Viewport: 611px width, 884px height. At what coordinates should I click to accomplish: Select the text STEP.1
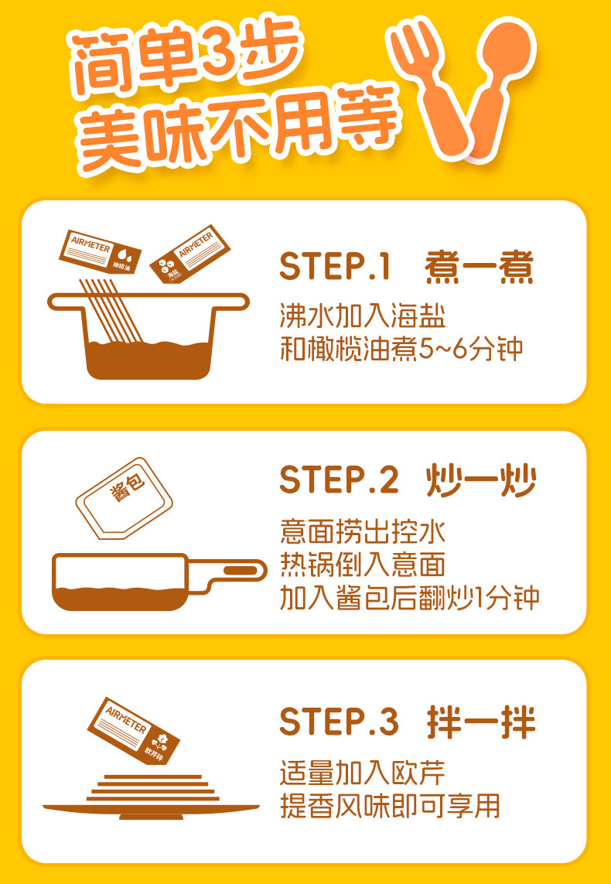pyautogui.click(x=335, y=268)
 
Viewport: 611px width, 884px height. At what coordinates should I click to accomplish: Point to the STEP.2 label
pyautogui.click(x=339, y=481)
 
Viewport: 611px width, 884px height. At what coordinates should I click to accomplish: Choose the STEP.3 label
pyautogui.click(x=339, y=722)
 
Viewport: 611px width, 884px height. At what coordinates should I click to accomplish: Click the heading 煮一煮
pyautogui.click(x=479, y=268)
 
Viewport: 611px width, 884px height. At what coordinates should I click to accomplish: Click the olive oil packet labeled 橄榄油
pyautogui.click(x=100, y=251)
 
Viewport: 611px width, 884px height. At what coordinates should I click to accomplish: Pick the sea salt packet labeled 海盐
pyautogui.click(x=189, y=254)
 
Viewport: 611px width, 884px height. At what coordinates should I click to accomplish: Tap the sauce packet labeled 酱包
pyautogui.click(x=125, y=498)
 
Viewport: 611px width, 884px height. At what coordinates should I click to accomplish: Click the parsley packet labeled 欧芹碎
pyautogui.click(x=133, y=729)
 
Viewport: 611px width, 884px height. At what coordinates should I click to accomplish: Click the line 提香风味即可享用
pyautogui.click(x=390, y=806)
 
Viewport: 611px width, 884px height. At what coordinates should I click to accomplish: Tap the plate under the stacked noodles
pyautogui.click(x=151, y=811)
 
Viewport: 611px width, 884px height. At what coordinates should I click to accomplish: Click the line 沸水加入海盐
pyautogui.click(x=363, y=317)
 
